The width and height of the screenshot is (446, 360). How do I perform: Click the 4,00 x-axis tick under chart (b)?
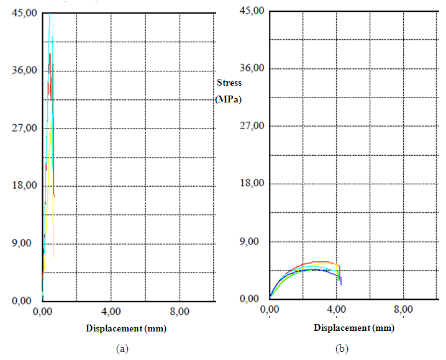click(337, 309)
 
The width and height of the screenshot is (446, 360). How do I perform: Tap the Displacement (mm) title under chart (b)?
click(353, 327)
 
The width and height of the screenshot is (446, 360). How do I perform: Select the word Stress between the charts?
click(229, 83)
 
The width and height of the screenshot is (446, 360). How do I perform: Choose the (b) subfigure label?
click(342, 349)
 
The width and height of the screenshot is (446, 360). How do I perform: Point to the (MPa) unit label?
click(227, 99)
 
